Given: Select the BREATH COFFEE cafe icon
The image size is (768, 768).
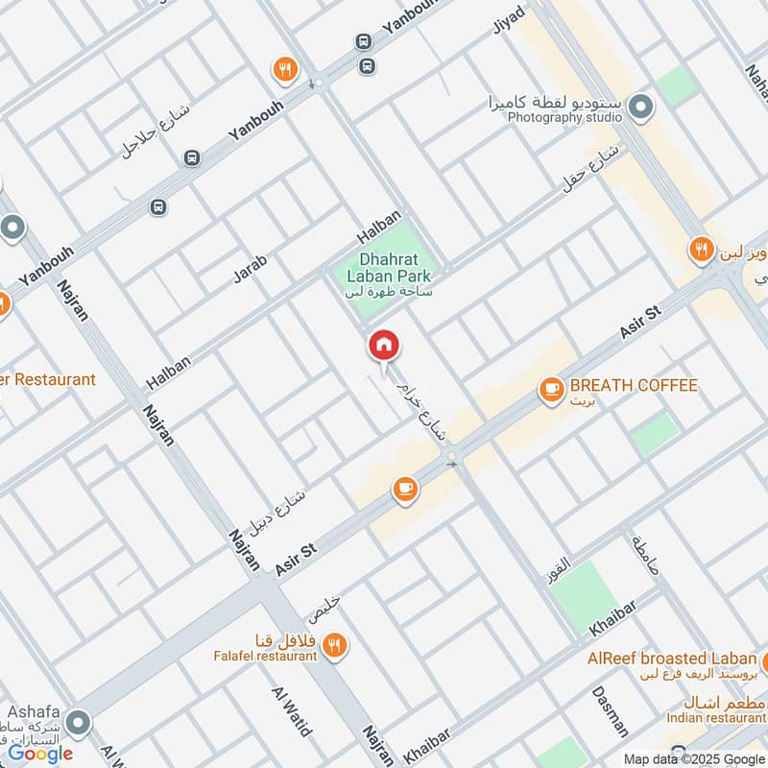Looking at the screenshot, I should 551,388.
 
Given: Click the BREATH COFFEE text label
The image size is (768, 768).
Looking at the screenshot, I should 633,386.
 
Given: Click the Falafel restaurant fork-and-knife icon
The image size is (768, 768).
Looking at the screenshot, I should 334,645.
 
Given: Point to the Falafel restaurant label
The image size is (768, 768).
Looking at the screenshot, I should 265,655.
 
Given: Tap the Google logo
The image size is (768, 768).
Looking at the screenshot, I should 40,754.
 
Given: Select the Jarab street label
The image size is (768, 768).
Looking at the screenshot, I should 250,268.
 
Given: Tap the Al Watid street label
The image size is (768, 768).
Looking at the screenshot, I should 293,711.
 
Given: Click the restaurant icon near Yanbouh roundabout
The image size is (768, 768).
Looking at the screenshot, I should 285,68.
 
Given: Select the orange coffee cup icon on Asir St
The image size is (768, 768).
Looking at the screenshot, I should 406,490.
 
